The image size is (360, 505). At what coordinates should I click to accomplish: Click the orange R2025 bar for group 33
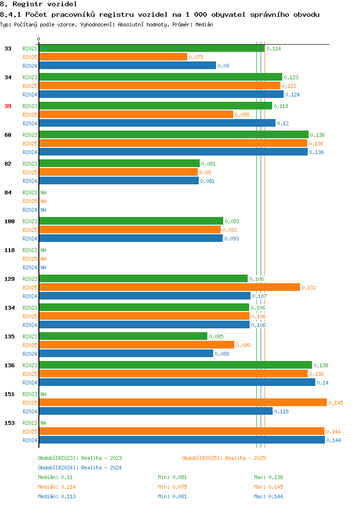tap(113, 57)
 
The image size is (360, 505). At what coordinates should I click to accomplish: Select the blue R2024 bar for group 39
tap(157, 123)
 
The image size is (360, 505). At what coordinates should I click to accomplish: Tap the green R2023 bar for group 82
tap(120, 164)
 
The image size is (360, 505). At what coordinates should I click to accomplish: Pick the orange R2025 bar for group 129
tap(170, 288)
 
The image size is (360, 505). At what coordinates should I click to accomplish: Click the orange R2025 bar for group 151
tap(183, 403)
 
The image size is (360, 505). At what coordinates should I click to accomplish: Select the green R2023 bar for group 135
tap(123, 336)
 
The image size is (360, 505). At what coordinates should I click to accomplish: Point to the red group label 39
tap(8, 106)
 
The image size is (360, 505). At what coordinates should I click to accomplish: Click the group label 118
tap(10, 250)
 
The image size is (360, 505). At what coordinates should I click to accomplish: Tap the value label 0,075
tap(196, 57)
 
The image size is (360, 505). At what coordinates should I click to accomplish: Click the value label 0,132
tap(309, 288)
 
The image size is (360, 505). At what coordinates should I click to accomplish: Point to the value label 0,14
tap(323, 383)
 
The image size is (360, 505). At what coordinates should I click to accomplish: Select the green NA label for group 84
tap(44, 192)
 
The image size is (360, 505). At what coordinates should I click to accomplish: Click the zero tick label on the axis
tap(39, 39)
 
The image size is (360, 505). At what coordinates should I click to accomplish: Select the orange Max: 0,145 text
tap(268, 487)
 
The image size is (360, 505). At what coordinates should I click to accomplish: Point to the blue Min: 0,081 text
tap(172, 497)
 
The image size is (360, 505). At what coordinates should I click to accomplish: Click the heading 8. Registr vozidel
tap(38, 4)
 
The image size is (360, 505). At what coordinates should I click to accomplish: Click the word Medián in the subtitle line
tap(204, 24)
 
